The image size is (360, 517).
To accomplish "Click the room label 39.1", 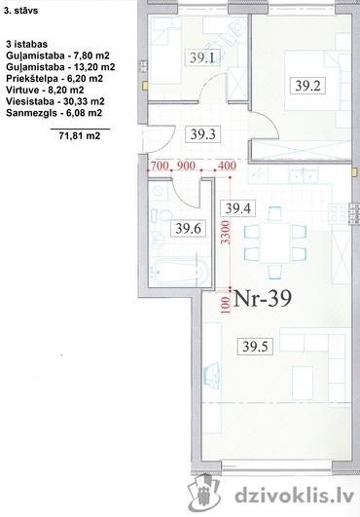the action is (202, 58).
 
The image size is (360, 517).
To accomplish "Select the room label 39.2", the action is (307, 86).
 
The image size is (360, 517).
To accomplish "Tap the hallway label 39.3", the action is (203, 134).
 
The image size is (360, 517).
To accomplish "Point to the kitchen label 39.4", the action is (237, 208).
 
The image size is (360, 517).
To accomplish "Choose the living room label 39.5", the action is (255, 347).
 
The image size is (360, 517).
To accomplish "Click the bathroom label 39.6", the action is (188, 228).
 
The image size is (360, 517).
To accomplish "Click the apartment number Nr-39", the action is (262, 298).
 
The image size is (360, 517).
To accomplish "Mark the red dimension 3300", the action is (226, 233).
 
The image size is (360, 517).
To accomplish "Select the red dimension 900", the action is (187, 166).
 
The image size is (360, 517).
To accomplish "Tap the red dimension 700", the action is (160, 166).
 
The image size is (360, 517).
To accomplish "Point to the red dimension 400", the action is (227, 166).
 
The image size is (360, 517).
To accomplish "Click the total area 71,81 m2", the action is (80, 135).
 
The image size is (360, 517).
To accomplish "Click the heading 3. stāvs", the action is (21, 11).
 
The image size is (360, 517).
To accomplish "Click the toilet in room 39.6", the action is (162, 215).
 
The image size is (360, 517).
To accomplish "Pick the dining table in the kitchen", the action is (275, 242).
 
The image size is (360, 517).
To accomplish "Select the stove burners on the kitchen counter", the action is (338, 213).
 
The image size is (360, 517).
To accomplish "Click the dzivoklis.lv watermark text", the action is (294, 497).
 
